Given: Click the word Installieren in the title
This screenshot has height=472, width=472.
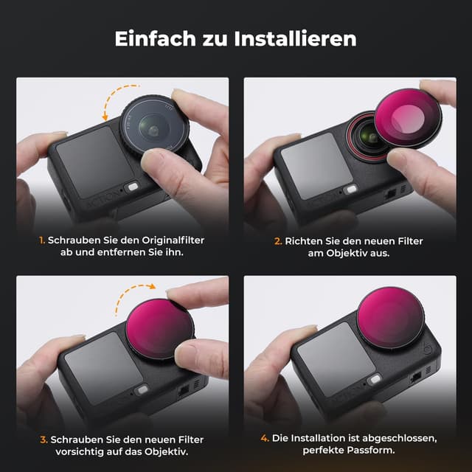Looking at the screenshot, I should (299, 38).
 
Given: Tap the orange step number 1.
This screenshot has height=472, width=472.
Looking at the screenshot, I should (43, 240).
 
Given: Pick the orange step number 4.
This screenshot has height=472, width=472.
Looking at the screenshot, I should (264, 438).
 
